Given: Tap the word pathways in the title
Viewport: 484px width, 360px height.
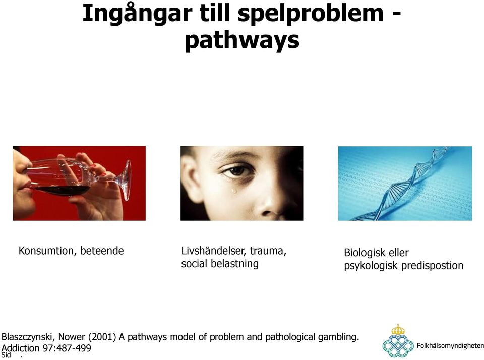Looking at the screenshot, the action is (242, 41).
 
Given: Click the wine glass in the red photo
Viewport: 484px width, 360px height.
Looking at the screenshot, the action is (80, 178).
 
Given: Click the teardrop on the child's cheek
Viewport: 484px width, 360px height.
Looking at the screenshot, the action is (234, 190).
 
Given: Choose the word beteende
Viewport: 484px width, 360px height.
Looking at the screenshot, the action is (102, 251).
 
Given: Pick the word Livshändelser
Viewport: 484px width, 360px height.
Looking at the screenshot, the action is (214, 251).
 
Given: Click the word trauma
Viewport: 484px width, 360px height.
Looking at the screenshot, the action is (268, 251).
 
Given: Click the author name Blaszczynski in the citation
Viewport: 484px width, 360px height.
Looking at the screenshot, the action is (28, 337).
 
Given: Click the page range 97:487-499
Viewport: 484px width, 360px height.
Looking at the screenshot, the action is (67, 348).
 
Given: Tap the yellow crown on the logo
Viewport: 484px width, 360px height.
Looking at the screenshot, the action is (398, 329).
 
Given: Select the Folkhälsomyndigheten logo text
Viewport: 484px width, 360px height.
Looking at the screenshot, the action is (450, 346).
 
